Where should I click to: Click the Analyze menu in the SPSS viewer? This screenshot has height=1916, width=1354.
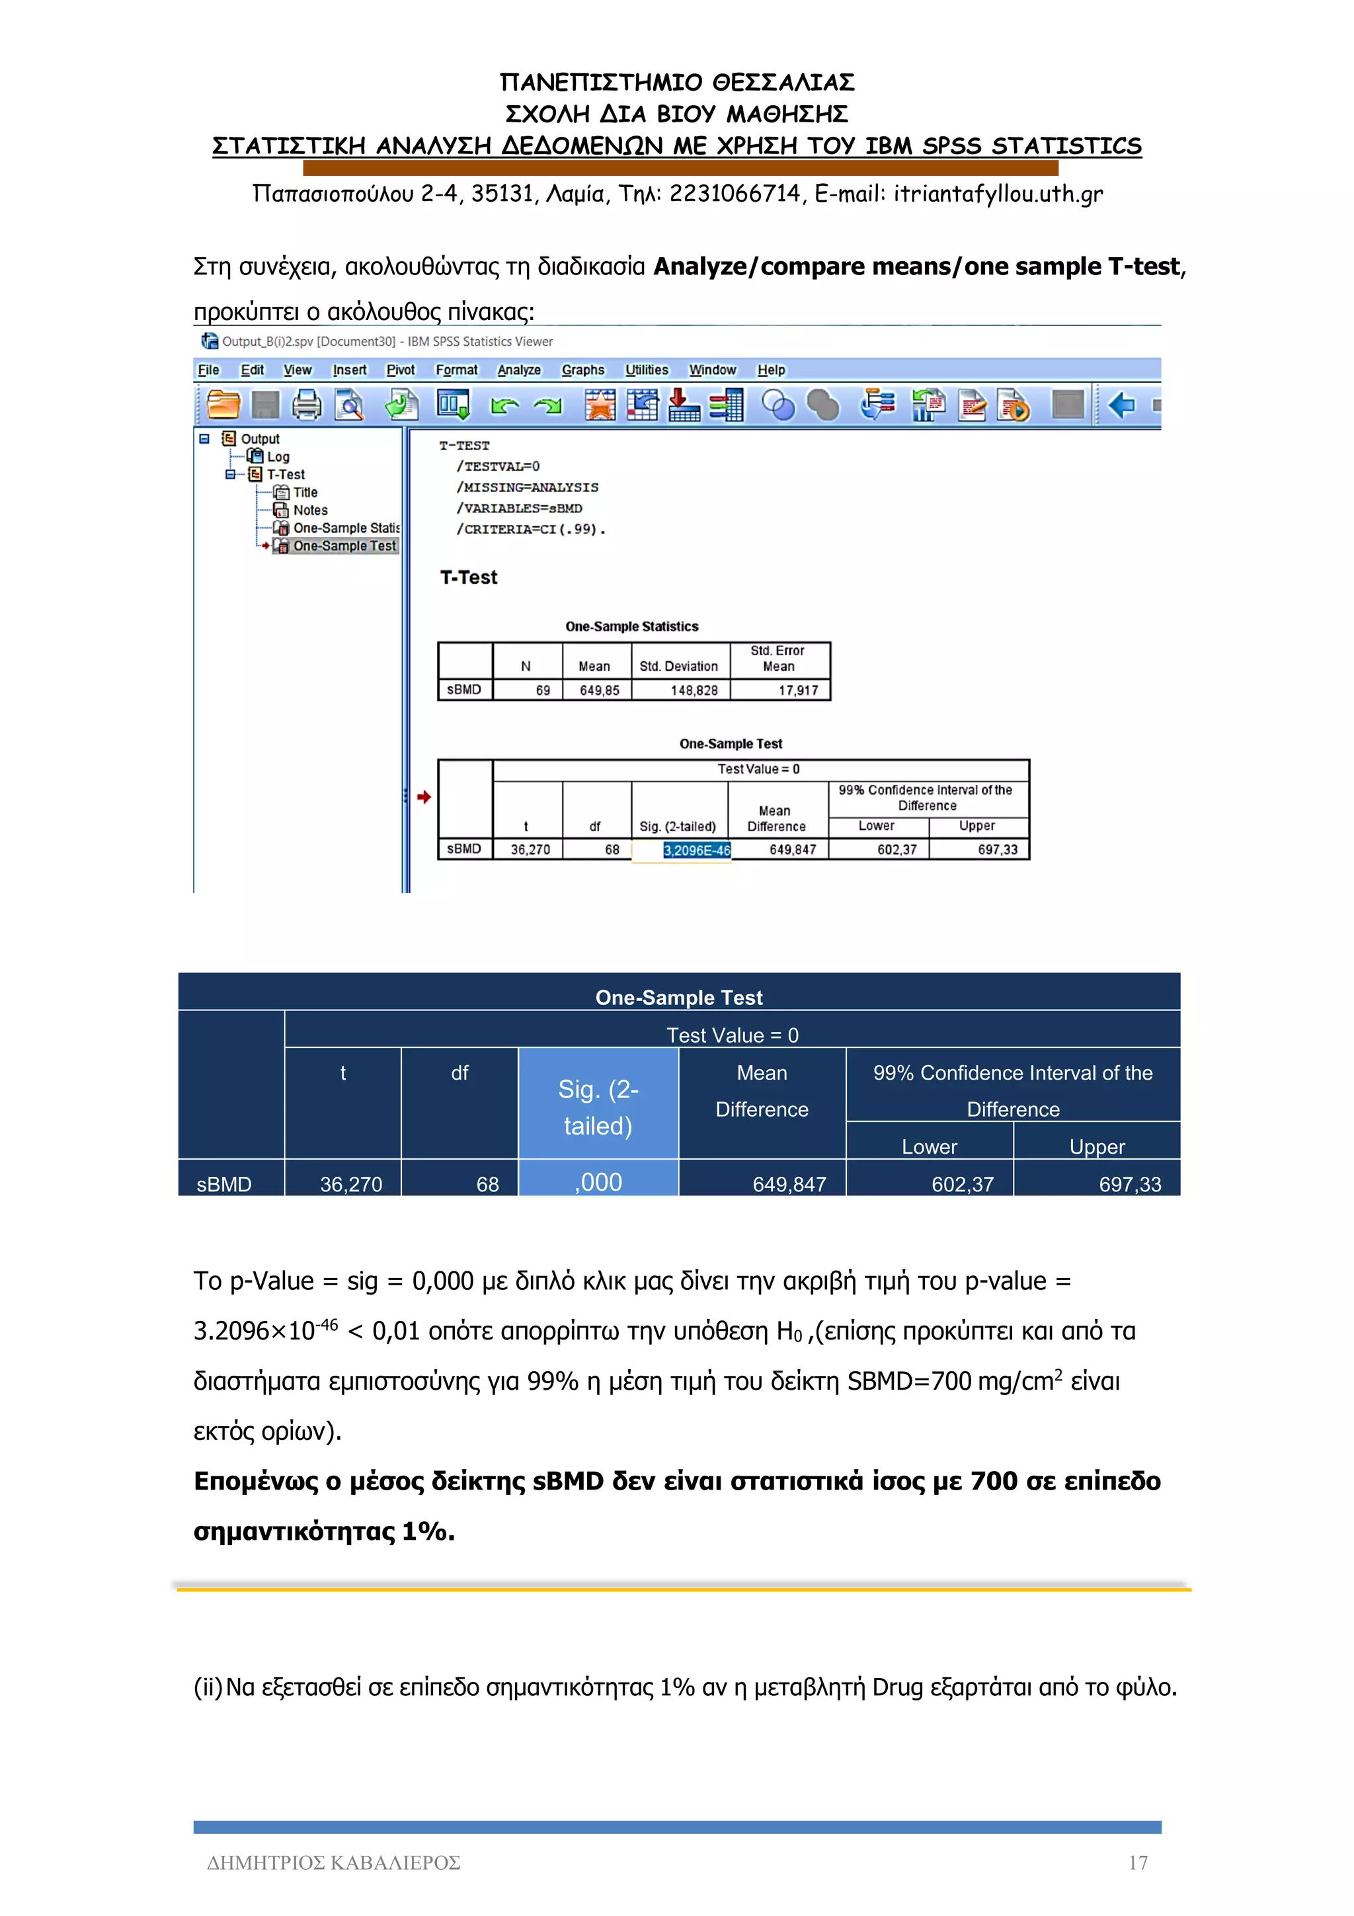[519, 370]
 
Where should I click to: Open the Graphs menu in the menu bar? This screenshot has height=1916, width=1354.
[582, 370]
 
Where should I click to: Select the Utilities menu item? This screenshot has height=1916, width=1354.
[647, 370]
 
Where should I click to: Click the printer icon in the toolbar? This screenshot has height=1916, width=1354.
[306, 405]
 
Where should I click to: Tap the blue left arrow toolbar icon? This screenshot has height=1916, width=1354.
[1122, 405]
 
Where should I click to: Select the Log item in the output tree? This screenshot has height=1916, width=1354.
[278, 456]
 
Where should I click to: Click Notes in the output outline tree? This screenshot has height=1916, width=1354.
[309, 510]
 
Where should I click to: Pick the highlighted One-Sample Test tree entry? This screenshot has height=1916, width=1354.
[344, 545]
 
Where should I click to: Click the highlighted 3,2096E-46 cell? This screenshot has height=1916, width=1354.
[697, 850]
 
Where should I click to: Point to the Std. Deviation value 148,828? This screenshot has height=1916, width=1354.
[694, 690]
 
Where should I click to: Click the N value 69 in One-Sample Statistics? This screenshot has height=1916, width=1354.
[542, 690]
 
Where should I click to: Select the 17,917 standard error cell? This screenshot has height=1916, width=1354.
[797, 690]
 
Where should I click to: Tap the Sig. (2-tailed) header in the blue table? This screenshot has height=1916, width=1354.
[598, 1107]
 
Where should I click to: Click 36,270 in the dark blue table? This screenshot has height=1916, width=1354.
[351, 1183]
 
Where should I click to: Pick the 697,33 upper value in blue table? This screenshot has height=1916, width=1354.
[1130, 1183]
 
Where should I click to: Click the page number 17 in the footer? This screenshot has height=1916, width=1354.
[1138, 1862]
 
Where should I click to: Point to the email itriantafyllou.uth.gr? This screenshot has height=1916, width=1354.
[998, 194]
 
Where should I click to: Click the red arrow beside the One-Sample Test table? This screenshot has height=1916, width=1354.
[424, 797]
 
